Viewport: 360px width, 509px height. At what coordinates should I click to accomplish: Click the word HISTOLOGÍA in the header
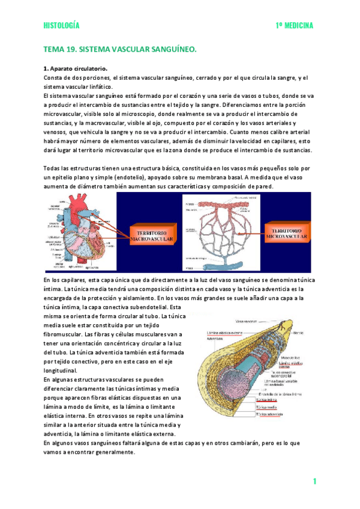[x=61, y=26]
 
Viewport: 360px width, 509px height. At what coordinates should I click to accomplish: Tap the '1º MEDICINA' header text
[x=295, y=26]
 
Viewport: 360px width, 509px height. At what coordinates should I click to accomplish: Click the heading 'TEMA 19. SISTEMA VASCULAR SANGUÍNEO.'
[x=120, y=52]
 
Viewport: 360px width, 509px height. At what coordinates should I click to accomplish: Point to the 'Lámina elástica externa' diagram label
[x=226, y=332]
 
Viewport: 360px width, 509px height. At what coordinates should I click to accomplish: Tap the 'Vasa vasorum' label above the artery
[x=247, y=321]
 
